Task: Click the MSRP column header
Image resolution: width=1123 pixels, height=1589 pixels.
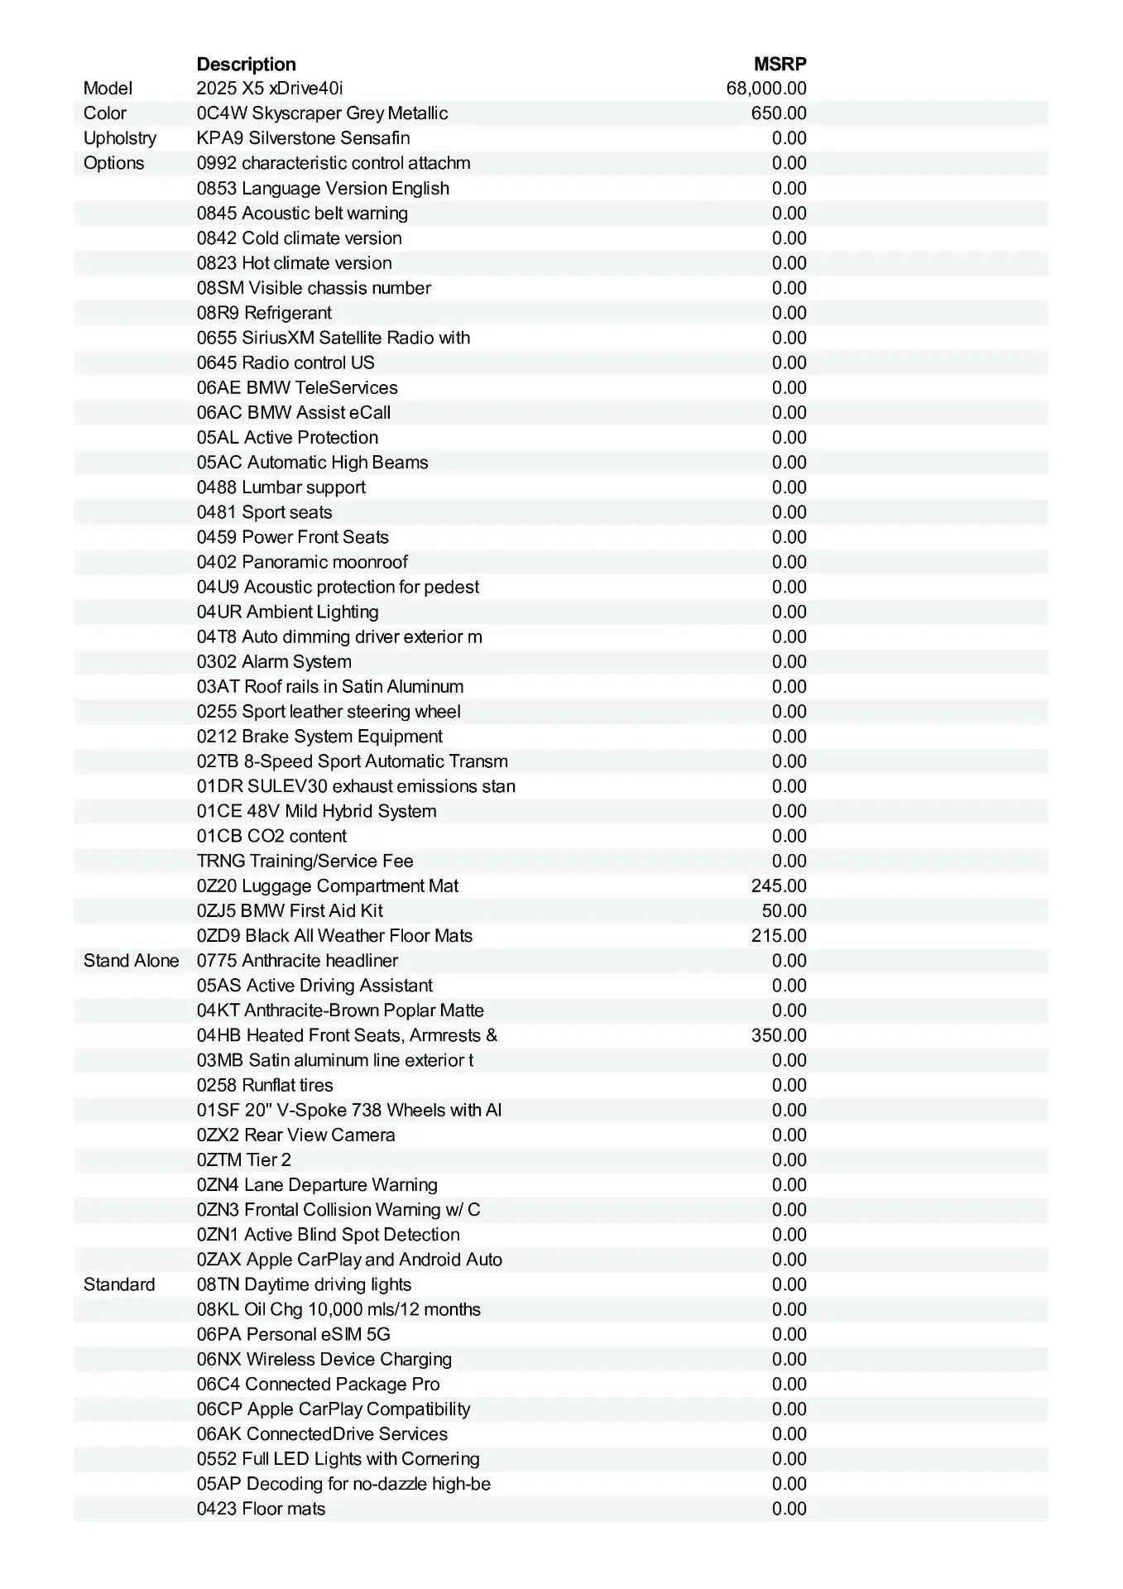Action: pyautogui.click(x=780, y=64)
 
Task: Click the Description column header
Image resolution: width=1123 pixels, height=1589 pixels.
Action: pyautogui.click(x=246, y=64)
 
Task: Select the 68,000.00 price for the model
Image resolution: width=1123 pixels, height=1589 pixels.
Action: pyautogui.click(x=765, y=89)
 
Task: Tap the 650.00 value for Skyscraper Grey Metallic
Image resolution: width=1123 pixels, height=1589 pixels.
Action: pyautogui.click(x=778, y=113)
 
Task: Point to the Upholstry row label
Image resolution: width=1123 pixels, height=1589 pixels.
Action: pyautogui.click(x=119, y=138)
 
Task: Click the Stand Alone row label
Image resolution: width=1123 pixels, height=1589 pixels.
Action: pyautogui.click(x=131, y=961)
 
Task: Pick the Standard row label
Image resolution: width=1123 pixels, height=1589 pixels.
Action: pyautogui.click(x=119, y=1284)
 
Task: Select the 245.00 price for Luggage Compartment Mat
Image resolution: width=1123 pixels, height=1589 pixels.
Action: pyautogui.click(x=778, y=886)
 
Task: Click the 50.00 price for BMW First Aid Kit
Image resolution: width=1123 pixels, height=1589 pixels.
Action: pyautogui.click(x=784, y=911)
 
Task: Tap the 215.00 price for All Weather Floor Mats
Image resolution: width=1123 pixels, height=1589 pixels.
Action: pyautogui.click(x=778, y=936)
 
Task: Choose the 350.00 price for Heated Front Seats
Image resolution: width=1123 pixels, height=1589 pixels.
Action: pyautogui.click(x=778, y=1035)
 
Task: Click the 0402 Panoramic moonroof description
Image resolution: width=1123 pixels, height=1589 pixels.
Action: pyautogui.click(x=302, y=562)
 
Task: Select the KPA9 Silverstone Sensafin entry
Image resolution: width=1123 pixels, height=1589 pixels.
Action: pyautogui.click(x=303, y=138)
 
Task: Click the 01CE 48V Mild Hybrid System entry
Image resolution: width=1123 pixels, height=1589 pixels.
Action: pyautogui.click(x=316, y=811)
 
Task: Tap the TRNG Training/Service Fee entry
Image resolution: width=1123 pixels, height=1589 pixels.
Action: pyautogui.click(x=305, y=861)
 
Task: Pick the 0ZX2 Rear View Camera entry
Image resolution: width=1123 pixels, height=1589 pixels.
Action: pyautogui.click(x=295, y=1135)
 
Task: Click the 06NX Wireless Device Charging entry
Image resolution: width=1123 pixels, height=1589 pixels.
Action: pyautogui.click(x=324, y=1359)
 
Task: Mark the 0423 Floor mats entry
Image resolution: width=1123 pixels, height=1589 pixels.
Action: pyautogui.click(x=261, y=1509)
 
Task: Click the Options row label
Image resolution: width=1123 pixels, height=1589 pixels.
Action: pyautogui.click(x=113, y=163)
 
